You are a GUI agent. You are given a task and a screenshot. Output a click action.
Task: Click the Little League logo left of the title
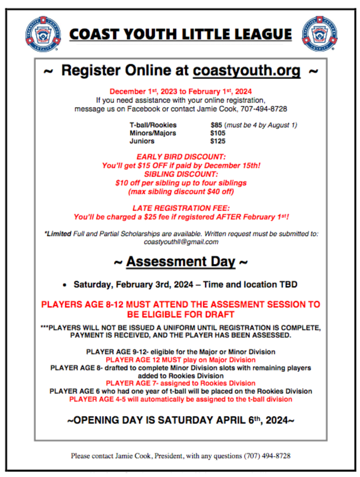pos(43,34)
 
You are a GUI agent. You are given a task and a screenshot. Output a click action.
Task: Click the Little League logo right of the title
pos(319,34)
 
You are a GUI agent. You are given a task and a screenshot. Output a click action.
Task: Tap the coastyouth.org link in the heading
pos(246,71)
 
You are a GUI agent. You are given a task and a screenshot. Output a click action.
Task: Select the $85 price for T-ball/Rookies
pos(216,125)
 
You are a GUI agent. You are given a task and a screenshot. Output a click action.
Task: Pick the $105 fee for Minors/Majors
pos(218,133)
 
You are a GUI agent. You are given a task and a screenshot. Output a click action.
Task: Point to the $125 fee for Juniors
pos(218,141)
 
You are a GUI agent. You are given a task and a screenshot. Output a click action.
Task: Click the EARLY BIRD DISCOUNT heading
pos(181,157)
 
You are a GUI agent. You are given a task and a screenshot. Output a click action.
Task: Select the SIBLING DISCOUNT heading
pos(181,174)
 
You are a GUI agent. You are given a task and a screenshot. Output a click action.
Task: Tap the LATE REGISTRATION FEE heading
pos(181,208)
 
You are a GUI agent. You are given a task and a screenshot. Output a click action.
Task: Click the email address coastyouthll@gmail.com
pos(181,242)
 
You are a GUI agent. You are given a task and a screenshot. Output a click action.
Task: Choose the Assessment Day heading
pos(181,262)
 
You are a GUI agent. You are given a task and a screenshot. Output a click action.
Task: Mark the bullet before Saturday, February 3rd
pos(65,285)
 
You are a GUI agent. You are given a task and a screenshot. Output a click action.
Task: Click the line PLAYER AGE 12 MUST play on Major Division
pos(181,360)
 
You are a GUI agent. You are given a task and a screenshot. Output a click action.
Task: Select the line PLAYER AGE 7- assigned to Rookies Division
pos(181,383)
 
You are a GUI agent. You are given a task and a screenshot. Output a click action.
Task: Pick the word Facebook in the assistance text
pos(143,109)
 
